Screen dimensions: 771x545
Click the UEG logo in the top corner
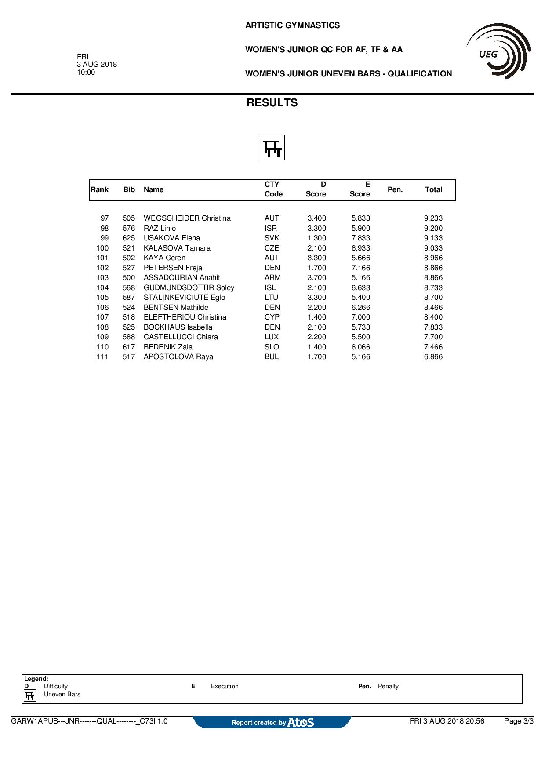pyautogui.click(x=498, y=51)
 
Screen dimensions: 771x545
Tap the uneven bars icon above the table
pyautogui.click(x=272, y=148)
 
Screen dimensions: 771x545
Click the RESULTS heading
pyautogui.click(x=272, y=103)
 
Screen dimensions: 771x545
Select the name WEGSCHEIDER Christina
pyautogui.click(x=187, y=218)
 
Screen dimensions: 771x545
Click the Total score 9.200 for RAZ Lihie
pyautogui.click(x=433, y=229)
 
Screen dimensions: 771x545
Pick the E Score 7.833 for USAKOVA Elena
pyautogui.click(x=360, y=238)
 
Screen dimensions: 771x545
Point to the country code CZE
pyautogui.click(x=272, y=248)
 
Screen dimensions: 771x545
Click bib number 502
pyautogui.click(x=129, y=258)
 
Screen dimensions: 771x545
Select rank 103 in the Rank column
pyautogui.click(x=102, y=278)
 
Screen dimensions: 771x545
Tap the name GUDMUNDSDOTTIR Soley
pyautogui.click(x=189, y=288)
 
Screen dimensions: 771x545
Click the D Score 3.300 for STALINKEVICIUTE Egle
pyautogui.click(x=316, y=298)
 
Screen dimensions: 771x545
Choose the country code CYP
pyautogui.click(x=272, y=317)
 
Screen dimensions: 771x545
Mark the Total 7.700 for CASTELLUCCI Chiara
pyautogui.click(x=433, y=337)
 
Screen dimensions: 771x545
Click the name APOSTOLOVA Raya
pyautogui.click(x=178, y=357)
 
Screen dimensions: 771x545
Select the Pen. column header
pyautogui.click(x=395, y=190)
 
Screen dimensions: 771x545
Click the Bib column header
pyautogui.click(x=129, y=190)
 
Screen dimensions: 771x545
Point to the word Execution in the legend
pyautogui.click(x=225, y=686)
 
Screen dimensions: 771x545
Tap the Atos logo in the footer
pyautogui.click(x=301, y=722)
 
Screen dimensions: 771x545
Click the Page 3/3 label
pyautogui.click(x=518, y=721)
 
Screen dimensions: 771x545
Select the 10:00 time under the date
pyautogui.click(x=86, y=73)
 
